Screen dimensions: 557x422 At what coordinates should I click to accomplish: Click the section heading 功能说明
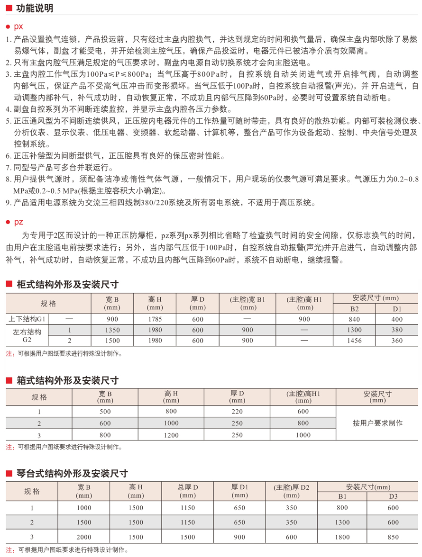[35, 9]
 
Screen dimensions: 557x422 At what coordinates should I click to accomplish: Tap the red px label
[18, 27]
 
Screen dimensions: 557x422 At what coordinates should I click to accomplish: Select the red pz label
[18, 222]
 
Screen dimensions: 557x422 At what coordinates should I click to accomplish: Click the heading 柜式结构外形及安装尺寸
[67, 285]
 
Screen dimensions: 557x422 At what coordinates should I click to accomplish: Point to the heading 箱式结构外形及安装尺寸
[67, 380]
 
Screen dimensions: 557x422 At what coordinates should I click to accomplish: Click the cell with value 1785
[155, 319]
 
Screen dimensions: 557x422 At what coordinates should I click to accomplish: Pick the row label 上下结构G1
[28, 319]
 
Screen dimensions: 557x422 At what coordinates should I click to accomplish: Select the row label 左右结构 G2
[28, 335]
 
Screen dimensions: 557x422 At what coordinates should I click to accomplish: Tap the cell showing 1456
[354, 341]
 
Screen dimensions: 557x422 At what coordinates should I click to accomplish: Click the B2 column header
[354, 308]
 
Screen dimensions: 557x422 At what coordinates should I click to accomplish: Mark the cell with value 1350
[112, 330]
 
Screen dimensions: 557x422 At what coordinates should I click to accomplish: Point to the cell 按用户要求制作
[377, 423]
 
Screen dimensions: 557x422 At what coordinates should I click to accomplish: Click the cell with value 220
[237, 412]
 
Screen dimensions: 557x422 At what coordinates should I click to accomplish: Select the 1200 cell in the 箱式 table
[171, 435]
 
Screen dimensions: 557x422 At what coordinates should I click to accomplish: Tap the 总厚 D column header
[188, 491]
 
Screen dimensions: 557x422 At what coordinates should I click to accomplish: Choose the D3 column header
[393, 496]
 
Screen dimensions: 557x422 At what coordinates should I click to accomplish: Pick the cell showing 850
[393, 537]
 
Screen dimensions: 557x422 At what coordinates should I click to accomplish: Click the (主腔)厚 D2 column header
[291, 491]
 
